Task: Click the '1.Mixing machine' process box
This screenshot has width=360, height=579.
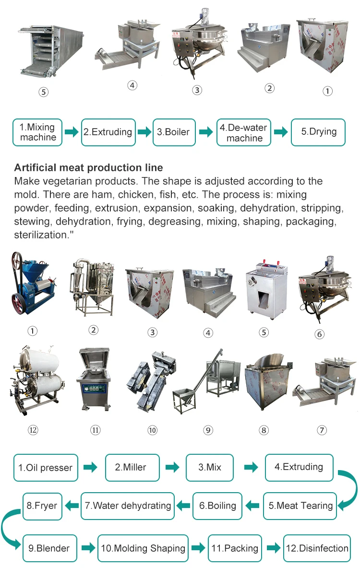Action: point(37,132)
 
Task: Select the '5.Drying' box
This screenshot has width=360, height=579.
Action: point(318,132)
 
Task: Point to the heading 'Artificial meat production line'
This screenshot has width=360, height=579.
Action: point(88,168)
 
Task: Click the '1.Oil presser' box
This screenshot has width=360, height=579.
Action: point(46,468)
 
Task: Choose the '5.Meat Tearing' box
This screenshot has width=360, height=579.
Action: point(300,506)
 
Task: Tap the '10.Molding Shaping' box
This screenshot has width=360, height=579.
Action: point(143,548)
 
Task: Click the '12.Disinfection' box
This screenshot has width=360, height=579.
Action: point(317,548)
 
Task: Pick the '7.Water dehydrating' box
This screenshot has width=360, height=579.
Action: point(127,506)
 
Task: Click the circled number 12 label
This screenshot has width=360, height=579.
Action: point(33,430)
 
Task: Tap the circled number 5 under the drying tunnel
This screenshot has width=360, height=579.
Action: point(44,92)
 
